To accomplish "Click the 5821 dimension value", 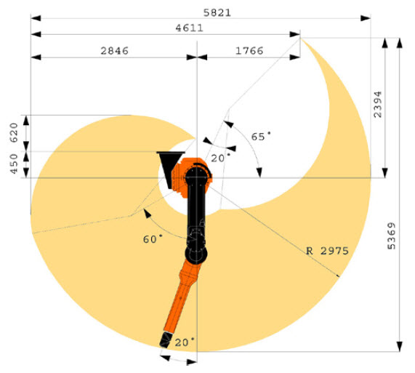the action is click(217, 12).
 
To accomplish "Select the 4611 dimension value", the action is click(189, 28).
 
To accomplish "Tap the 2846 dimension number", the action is click(114, 51).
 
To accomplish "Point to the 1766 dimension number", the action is click(249, 51).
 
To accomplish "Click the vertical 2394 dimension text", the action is click(377, 104).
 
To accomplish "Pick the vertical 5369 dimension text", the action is click(392, 236).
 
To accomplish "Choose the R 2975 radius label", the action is click(327, 251).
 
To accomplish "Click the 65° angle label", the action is click(261, 137).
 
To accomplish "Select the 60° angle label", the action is click(153, 239).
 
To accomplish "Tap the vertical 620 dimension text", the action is click(14, 132).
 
